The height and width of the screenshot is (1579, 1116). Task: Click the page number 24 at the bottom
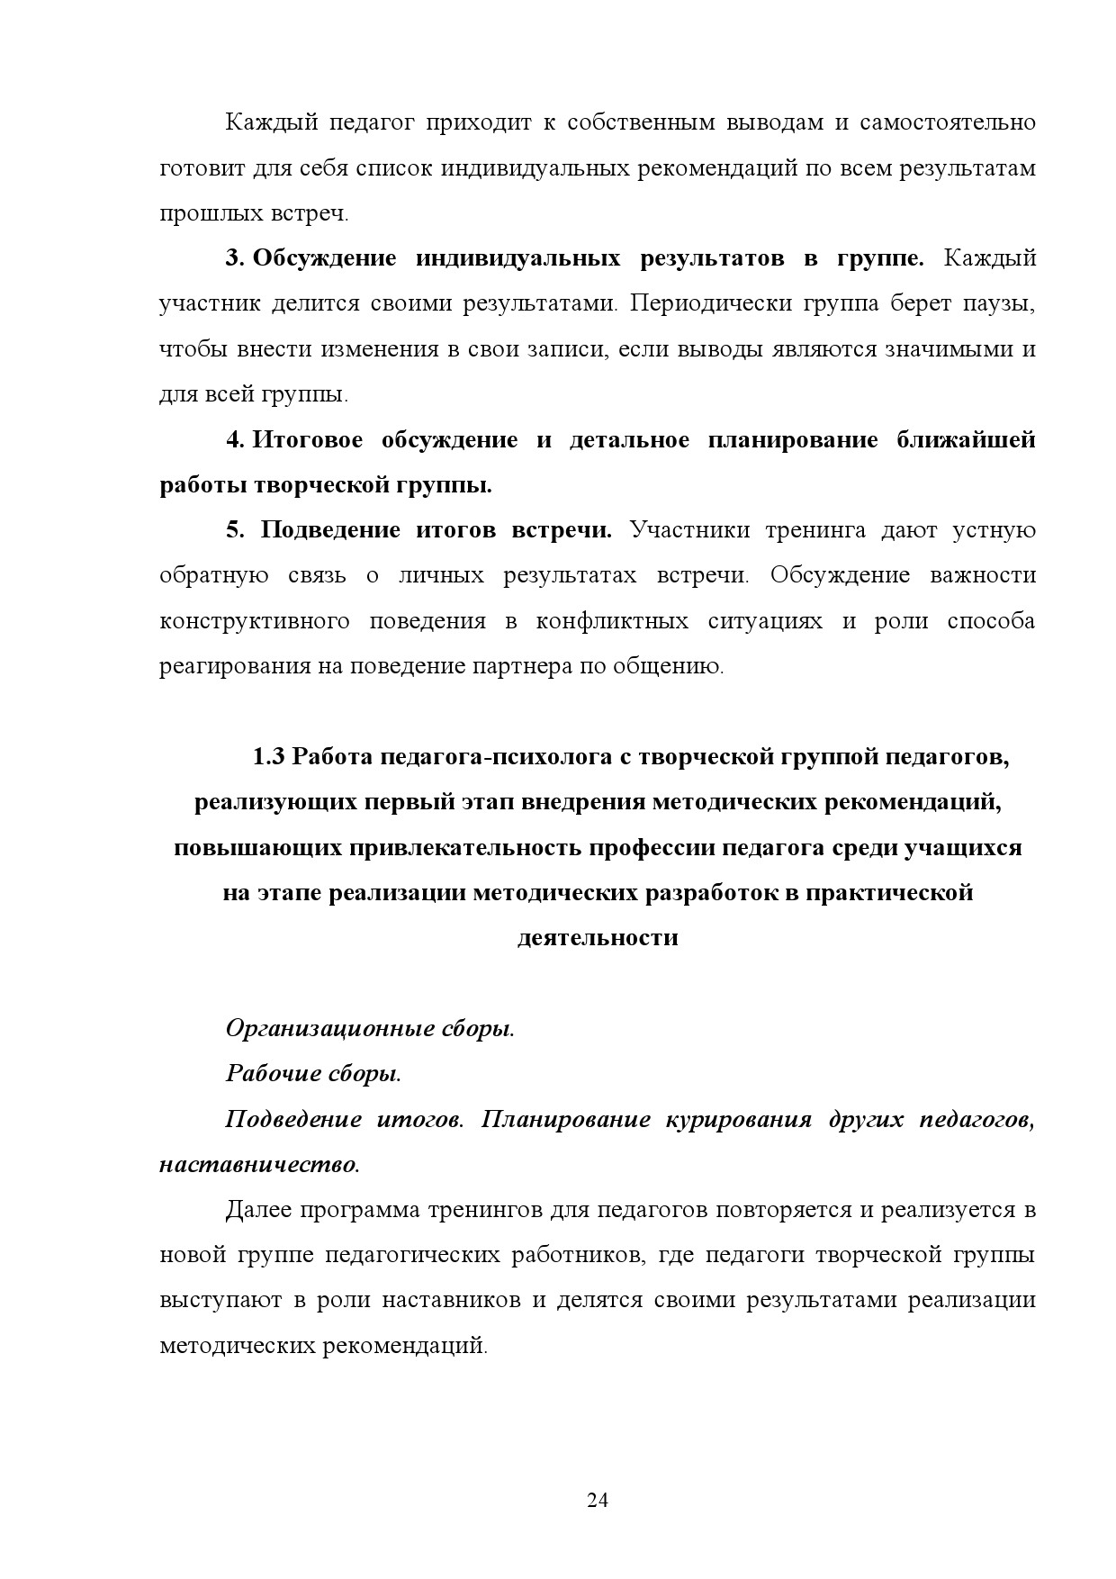tap(598, 1500)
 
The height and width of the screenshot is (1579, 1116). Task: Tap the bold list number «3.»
tap(234, 259)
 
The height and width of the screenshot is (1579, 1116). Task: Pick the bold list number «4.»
tap(234, 440)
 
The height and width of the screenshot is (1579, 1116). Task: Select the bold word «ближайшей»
tap(966, 440)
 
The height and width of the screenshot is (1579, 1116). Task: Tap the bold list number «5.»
tap(235, 530)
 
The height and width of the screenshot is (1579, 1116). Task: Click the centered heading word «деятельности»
tap(598, 938)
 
